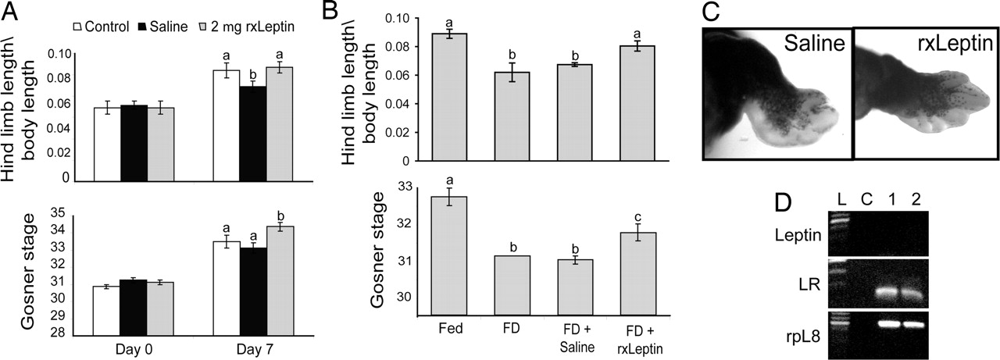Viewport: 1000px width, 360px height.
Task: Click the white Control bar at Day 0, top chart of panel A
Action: click(x=106, y=144)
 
